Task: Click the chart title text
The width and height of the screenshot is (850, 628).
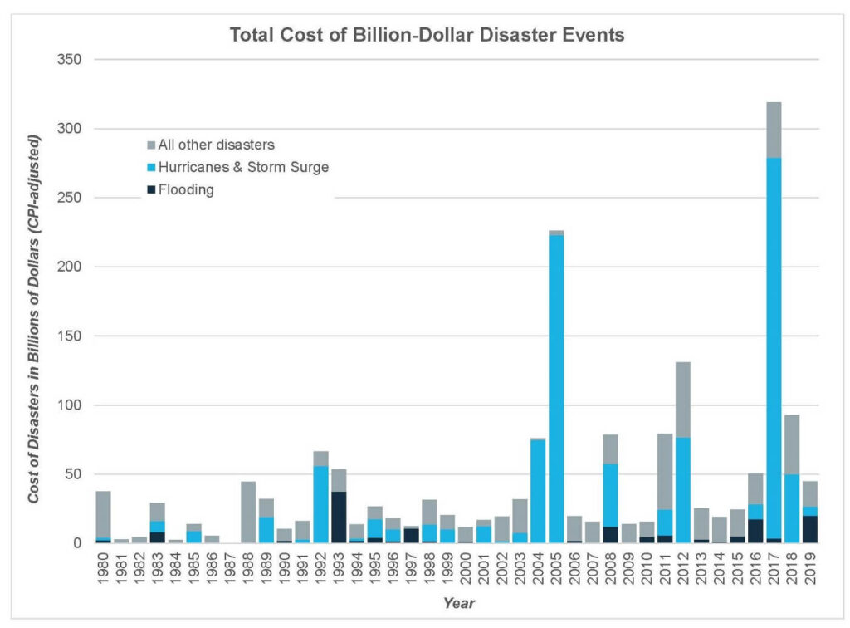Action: click(x=426, y=36)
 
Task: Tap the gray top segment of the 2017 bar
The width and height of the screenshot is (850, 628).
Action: click(x=774, y=130)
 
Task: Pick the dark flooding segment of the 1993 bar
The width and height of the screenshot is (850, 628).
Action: click(x=339, y=517)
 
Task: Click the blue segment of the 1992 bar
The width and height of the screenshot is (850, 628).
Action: click(x=320, y=503)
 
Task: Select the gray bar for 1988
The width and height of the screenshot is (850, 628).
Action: click(x=248, y=512)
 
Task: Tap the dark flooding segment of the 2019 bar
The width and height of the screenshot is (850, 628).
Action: click(x=810, y=529)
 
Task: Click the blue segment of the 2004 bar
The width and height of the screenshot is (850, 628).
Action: click(x=538, y=491)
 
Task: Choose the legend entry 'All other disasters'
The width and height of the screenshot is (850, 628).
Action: click(x=211, y=145)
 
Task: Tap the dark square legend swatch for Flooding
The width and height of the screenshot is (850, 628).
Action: click(x=151, y=190)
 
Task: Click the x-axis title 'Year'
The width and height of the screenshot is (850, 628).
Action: click(x=458, y=603)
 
